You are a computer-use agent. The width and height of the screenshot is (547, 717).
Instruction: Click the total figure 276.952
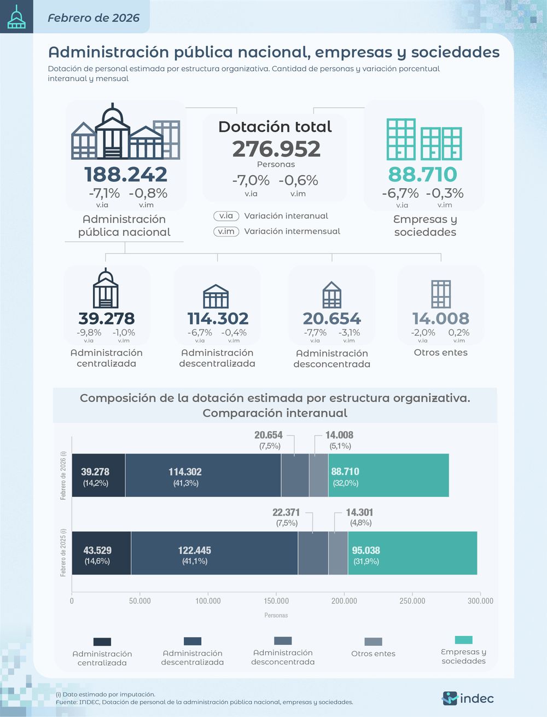click(276, 149)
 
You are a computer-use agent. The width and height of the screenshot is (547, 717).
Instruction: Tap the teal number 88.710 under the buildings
click(422, 174)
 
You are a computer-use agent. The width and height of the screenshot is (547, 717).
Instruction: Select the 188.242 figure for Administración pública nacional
click(125, 174)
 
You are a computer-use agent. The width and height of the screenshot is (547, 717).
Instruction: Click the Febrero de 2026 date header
click(94, 18)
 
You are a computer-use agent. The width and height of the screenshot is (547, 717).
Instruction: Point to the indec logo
click(468, 698)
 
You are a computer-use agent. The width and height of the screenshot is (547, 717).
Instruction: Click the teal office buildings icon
click(424, 139)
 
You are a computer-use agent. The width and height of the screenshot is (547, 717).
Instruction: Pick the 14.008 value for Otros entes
click(440, 318)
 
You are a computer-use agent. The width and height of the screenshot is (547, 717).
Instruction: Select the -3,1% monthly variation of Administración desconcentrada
click(349, 332)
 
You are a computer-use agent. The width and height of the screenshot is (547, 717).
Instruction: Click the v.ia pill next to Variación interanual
click(226, 216)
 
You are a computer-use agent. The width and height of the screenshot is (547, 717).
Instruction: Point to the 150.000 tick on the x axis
click(276, 601)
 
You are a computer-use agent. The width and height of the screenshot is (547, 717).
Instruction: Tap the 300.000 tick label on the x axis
click(480, 601)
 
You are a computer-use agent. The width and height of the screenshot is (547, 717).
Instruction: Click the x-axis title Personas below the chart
click(276, 615)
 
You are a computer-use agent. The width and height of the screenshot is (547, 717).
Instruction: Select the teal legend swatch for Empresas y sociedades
click(463, 640)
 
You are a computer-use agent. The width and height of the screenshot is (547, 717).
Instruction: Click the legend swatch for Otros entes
click(373, 641)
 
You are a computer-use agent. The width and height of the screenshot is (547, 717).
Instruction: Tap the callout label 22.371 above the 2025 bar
click(286, 512)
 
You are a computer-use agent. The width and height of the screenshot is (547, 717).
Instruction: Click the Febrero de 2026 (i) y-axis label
click(63, 475)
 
